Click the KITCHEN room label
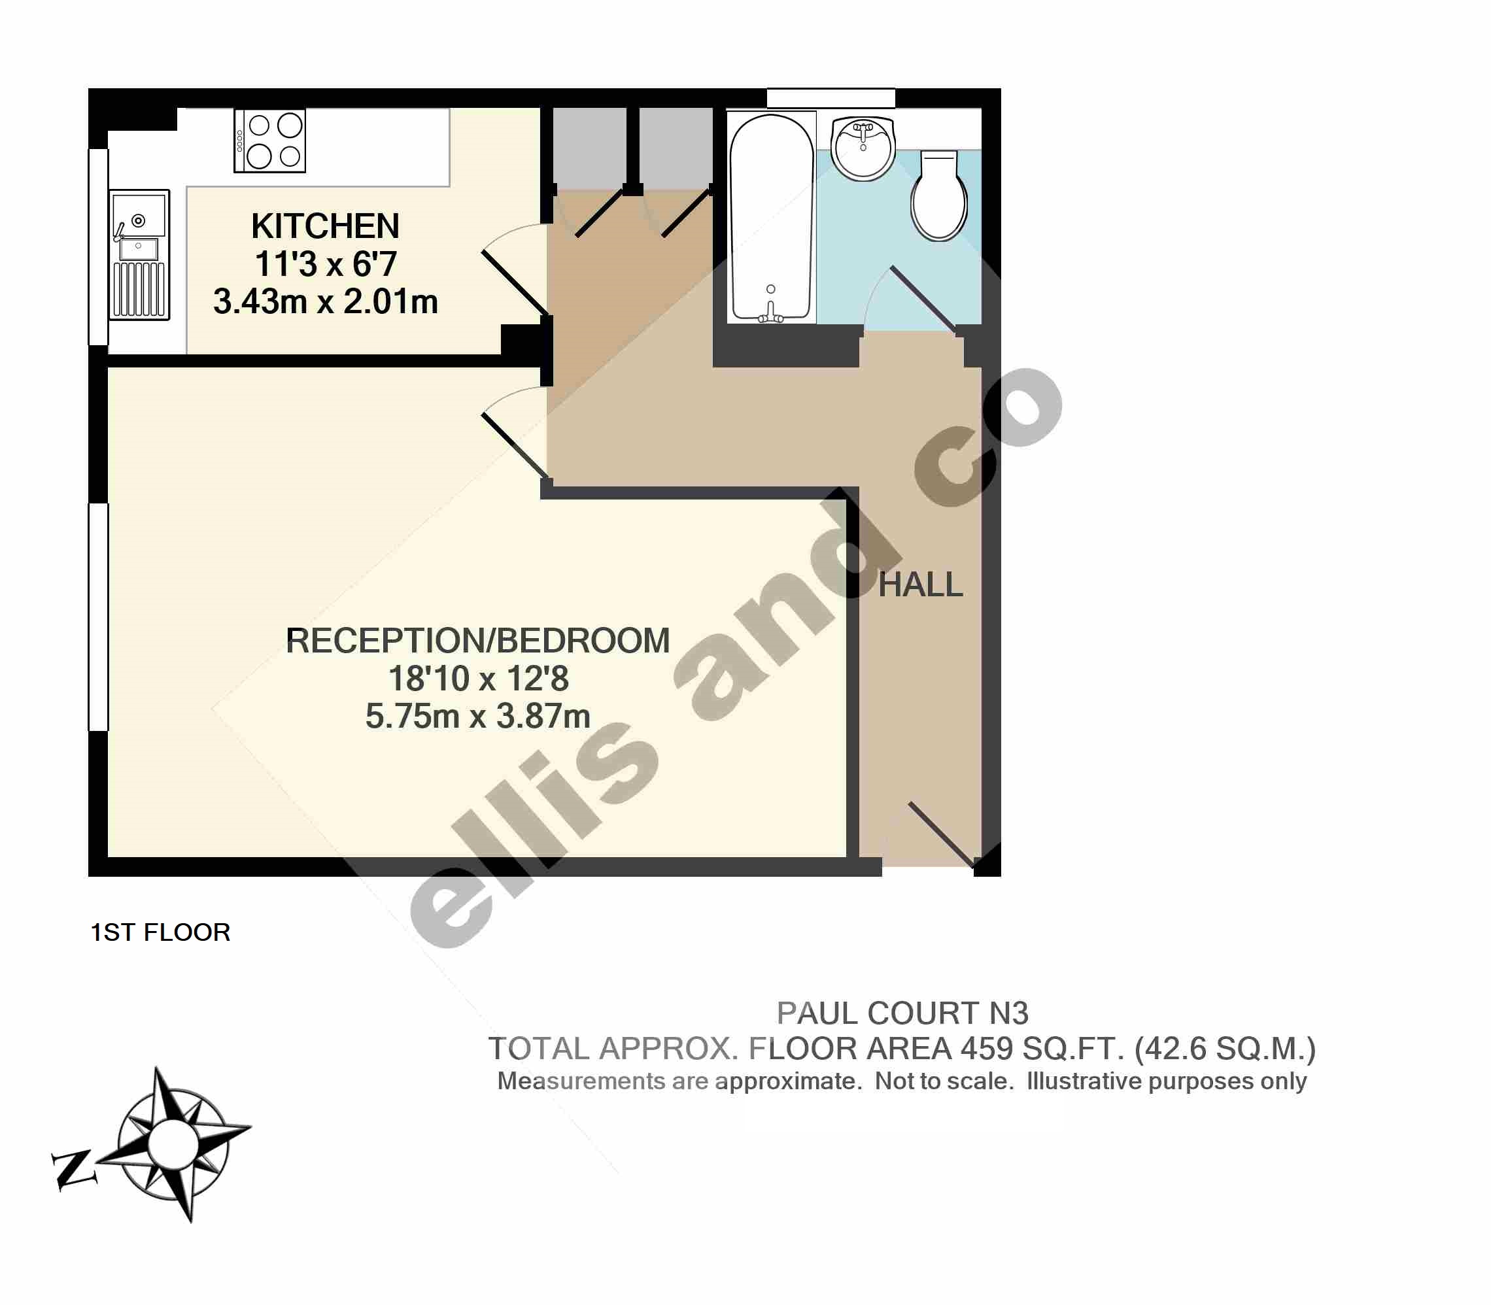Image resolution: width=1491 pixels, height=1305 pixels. click(x=325, y=226)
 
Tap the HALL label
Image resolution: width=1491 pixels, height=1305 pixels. click(x=921, y=585)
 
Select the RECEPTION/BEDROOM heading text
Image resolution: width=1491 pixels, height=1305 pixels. click(x=478, y=641)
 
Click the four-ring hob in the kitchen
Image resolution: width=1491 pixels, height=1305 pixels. click(x=269, y=141)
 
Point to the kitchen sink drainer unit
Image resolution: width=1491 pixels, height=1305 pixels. click(x=139, y=254)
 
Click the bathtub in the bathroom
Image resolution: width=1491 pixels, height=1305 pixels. click(x=772, y=217)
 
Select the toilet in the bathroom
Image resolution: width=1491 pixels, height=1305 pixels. click(x=940, y=195)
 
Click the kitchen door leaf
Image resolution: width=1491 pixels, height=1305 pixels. click(x=514, y=283)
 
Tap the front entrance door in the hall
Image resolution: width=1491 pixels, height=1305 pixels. click(x=942, y=834)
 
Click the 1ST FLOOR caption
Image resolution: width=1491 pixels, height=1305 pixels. click(x=160, y=932)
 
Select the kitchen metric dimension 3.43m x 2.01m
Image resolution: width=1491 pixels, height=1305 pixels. click(x=326, y=301)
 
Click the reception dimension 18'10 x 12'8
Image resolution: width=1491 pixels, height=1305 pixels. click(x=478, y=679)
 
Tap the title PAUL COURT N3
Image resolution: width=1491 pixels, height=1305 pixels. click(x=902, y=1013)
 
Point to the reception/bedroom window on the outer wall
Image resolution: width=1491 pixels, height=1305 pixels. click(x=98, y=616)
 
